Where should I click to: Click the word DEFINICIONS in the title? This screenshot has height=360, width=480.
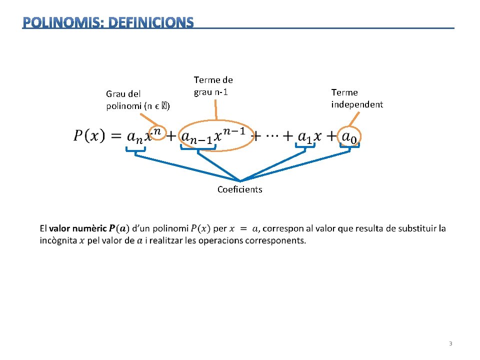pos(150,22)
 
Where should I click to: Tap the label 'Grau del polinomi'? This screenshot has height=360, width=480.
pos(137,99)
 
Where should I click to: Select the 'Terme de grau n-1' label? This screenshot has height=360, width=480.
pos(213,86)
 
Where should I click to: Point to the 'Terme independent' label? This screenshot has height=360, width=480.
pos(356,98)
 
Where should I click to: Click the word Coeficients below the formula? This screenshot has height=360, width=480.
pos(239,189)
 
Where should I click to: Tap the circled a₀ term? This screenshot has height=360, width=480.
pos(350,136)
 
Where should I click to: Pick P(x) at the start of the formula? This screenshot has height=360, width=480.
pos(89,136)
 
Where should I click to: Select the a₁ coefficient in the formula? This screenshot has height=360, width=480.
pos(304,136)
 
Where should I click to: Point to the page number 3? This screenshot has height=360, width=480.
pos(450,343)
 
